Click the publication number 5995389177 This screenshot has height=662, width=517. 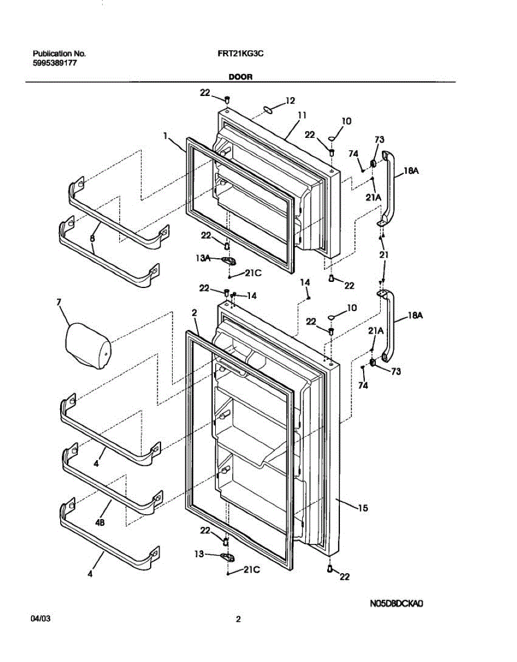(55, 63)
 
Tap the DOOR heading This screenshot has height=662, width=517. (241, 77)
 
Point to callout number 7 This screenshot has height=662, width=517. (58, 302)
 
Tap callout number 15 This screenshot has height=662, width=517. (363, 508)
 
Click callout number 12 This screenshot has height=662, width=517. (290, 100)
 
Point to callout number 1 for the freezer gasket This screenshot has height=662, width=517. (165, 135)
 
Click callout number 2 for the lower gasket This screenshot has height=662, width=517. (194, 313)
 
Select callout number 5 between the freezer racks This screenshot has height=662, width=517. (92, 239)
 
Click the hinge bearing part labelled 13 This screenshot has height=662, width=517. (226, 556)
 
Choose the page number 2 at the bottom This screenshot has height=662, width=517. (238, 619)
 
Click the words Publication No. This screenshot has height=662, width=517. (59, 54)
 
